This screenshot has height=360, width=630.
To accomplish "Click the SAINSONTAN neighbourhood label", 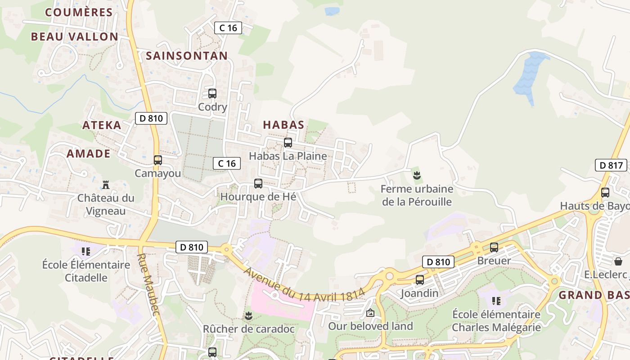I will pyautogui.click(x=187, y=56).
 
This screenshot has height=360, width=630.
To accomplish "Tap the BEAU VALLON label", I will pyautogui.click(x=75, y=37).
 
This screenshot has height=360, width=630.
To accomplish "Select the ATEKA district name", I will pyautogui.click(x=102, y=125).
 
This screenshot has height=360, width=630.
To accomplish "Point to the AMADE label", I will pyautogui.click(x=89, y=154).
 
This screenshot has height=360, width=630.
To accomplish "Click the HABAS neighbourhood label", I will pyautogui.click(x=283, y=125).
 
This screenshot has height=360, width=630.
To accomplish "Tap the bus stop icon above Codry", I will pyautogui.click(x=212, y=94).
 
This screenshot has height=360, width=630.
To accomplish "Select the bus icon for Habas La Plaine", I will pyautogui.click(x=288, y=143).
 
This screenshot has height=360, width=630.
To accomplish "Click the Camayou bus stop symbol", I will pyautogui.click(x=158, y=160).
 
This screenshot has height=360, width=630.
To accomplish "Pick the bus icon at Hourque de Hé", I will pyautogui.click(x=258, y=183).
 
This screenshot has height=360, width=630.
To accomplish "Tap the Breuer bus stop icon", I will pyautogui.click(x=494, y=247).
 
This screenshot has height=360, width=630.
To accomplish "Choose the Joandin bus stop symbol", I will pyautogui.click(x=420, y=279).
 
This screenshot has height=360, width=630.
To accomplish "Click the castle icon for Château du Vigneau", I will pyautogui.click(x=106, y=184).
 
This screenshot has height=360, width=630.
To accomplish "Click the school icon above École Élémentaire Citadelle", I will pyautogui.click(x=86, y=251).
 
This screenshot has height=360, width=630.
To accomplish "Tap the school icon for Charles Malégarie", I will pyautogui.click(x=496, y=300).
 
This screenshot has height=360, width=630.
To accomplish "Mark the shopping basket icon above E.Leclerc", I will pyautogui.click(x=618, y=261).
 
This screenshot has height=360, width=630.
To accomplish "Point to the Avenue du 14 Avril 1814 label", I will pyautogui.click(x=304, y=285).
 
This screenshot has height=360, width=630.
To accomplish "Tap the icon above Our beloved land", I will pyautogui.click(x=370, y=312).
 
